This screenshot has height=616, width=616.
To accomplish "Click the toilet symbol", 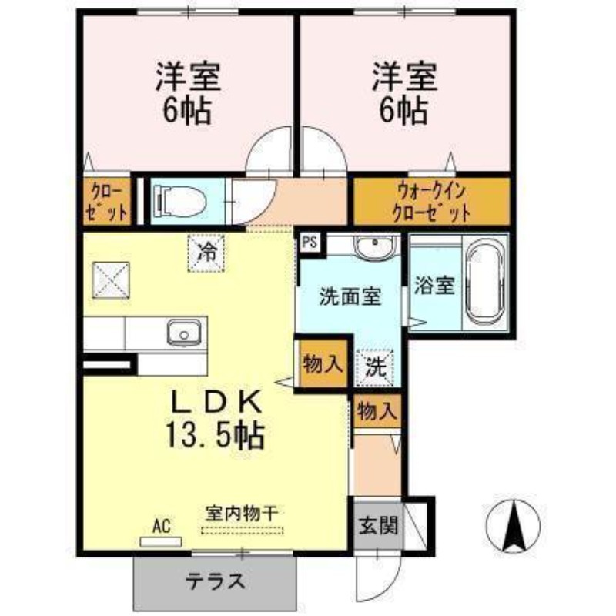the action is pyautogui.click(x=180, y=201).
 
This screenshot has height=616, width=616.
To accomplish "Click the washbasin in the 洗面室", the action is pyautogui.click(x=375, y=246).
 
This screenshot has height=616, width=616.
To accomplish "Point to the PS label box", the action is pyautogui.click(x=310, y=243).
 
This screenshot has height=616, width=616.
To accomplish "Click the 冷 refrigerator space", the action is pyautogui.click(x=206, y=253).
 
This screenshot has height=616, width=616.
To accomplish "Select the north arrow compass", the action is pyautogui.click(x=513, y=527).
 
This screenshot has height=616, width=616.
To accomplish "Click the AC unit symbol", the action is pyautogui.click(x=161, y=542).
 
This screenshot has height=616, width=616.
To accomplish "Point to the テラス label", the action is pyautogui.click(x=216, y=582).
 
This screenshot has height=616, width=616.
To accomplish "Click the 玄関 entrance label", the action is pyautogui.click(x=378, y=525).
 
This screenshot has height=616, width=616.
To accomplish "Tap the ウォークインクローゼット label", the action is pyautogui.click(x=431, y=203).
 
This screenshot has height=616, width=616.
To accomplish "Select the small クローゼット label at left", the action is pyautogui.click(x=106, y=203).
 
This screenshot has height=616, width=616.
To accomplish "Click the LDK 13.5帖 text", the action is pyautogui.click(x=216, y=420).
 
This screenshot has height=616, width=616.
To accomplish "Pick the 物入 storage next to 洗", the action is pyautogui.click(x=323, y=364).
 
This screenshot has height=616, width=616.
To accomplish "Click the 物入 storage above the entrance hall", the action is pyautogui.click(x=377, y=411).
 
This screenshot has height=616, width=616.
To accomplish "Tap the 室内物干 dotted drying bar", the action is pyautogui.click(x=242, y=531).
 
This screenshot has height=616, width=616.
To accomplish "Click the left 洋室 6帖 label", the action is pyautogui.click(x=188, y=93).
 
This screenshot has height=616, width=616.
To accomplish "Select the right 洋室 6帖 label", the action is pyautogui.click(x=405, y=93).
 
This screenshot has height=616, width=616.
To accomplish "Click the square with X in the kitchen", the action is pyautogui.click(x=111, y=280).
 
